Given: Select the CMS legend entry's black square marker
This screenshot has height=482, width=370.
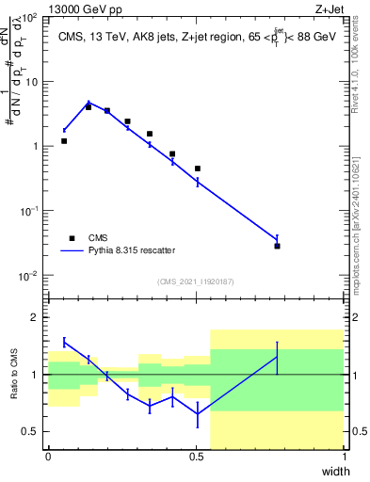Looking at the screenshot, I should [72, 238].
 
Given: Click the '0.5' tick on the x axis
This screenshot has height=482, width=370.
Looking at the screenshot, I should [197, 457].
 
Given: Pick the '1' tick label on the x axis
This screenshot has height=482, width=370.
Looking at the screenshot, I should [345, 457].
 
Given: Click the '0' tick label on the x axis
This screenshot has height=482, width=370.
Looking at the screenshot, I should [49, 457].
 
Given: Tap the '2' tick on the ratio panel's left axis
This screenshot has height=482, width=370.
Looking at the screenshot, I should [39, 317].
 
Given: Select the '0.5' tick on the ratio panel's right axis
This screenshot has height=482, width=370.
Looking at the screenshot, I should [356, 431].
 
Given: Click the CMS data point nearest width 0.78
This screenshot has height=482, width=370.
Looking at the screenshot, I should [278, 246].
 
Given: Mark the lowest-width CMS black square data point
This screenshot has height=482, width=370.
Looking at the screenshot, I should [64, 141].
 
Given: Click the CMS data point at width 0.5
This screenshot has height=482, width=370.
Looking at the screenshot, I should [198, 169].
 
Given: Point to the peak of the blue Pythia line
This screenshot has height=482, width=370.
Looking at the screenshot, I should [88, 103].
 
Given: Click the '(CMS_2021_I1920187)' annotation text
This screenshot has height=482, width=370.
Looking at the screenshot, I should [197, 281].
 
